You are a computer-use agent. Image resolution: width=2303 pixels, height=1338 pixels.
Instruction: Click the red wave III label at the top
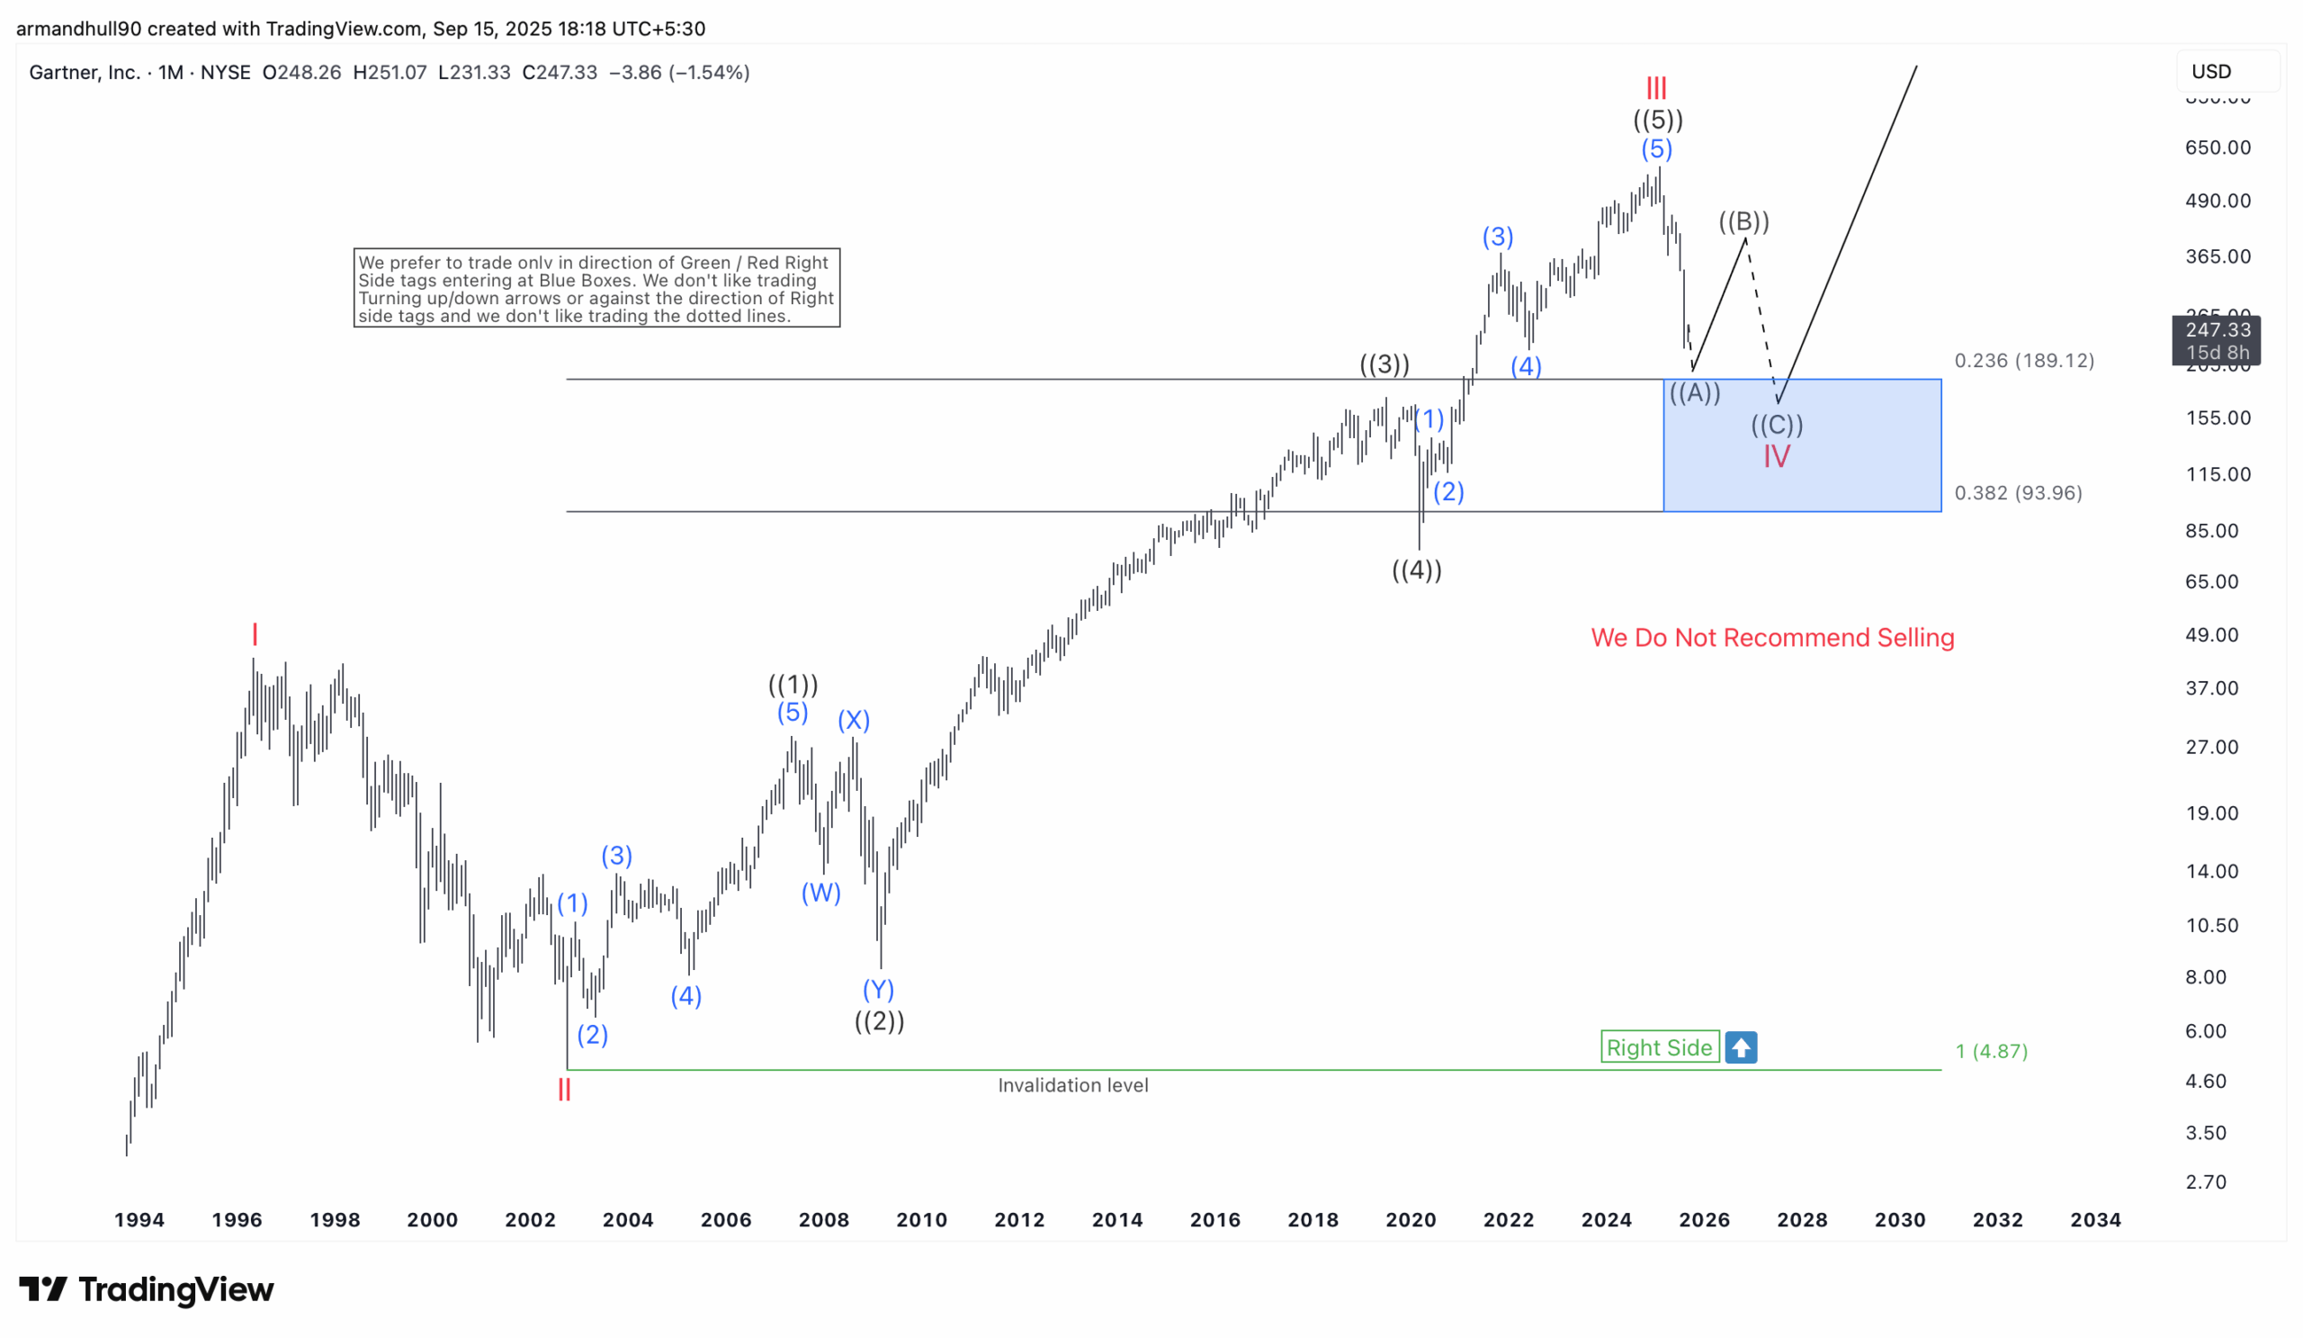coord(1656,89)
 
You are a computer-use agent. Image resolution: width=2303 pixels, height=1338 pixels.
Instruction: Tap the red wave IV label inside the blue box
coord(1776,456)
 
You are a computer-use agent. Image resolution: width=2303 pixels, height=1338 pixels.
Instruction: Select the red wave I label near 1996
coord(255,633)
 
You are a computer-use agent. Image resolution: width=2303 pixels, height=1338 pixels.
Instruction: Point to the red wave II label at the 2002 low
coord(564,1089)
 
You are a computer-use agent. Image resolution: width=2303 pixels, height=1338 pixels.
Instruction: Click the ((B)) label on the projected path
coord(1743,221)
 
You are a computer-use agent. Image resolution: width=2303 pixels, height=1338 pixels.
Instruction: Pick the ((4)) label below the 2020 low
coord(1416,570)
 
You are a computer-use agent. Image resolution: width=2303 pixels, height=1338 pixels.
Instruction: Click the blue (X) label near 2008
coord(854,720)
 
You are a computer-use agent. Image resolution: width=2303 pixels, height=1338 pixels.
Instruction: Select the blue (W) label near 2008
coord(820,892)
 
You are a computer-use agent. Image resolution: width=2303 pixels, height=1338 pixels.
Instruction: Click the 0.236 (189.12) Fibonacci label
coord(2023,360)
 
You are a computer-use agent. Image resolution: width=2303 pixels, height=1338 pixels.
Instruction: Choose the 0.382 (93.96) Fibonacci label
coord(2017,492)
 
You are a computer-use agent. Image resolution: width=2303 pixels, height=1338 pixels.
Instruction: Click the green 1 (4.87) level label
coord(1991,1051)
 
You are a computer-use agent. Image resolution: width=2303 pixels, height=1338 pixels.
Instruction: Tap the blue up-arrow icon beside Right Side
coord(1740,1047)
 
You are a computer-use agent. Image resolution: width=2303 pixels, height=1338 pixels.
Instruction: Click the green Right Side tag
coord(1659,1047)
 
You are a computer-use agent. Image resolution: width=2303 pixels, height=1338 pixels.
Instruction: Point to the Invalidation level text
coord(1072,1085)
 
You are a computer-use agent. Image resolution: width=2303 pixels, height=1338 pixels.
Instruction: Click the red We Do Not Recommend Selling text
coord(1772,637)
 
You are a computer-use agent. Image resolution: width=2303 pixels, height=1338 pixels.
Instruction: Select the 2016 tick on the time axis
coord(1214,1219)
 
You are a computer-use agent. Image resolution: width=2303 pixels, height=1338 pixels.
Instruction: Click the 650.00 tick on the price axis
coord(2218,148)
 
